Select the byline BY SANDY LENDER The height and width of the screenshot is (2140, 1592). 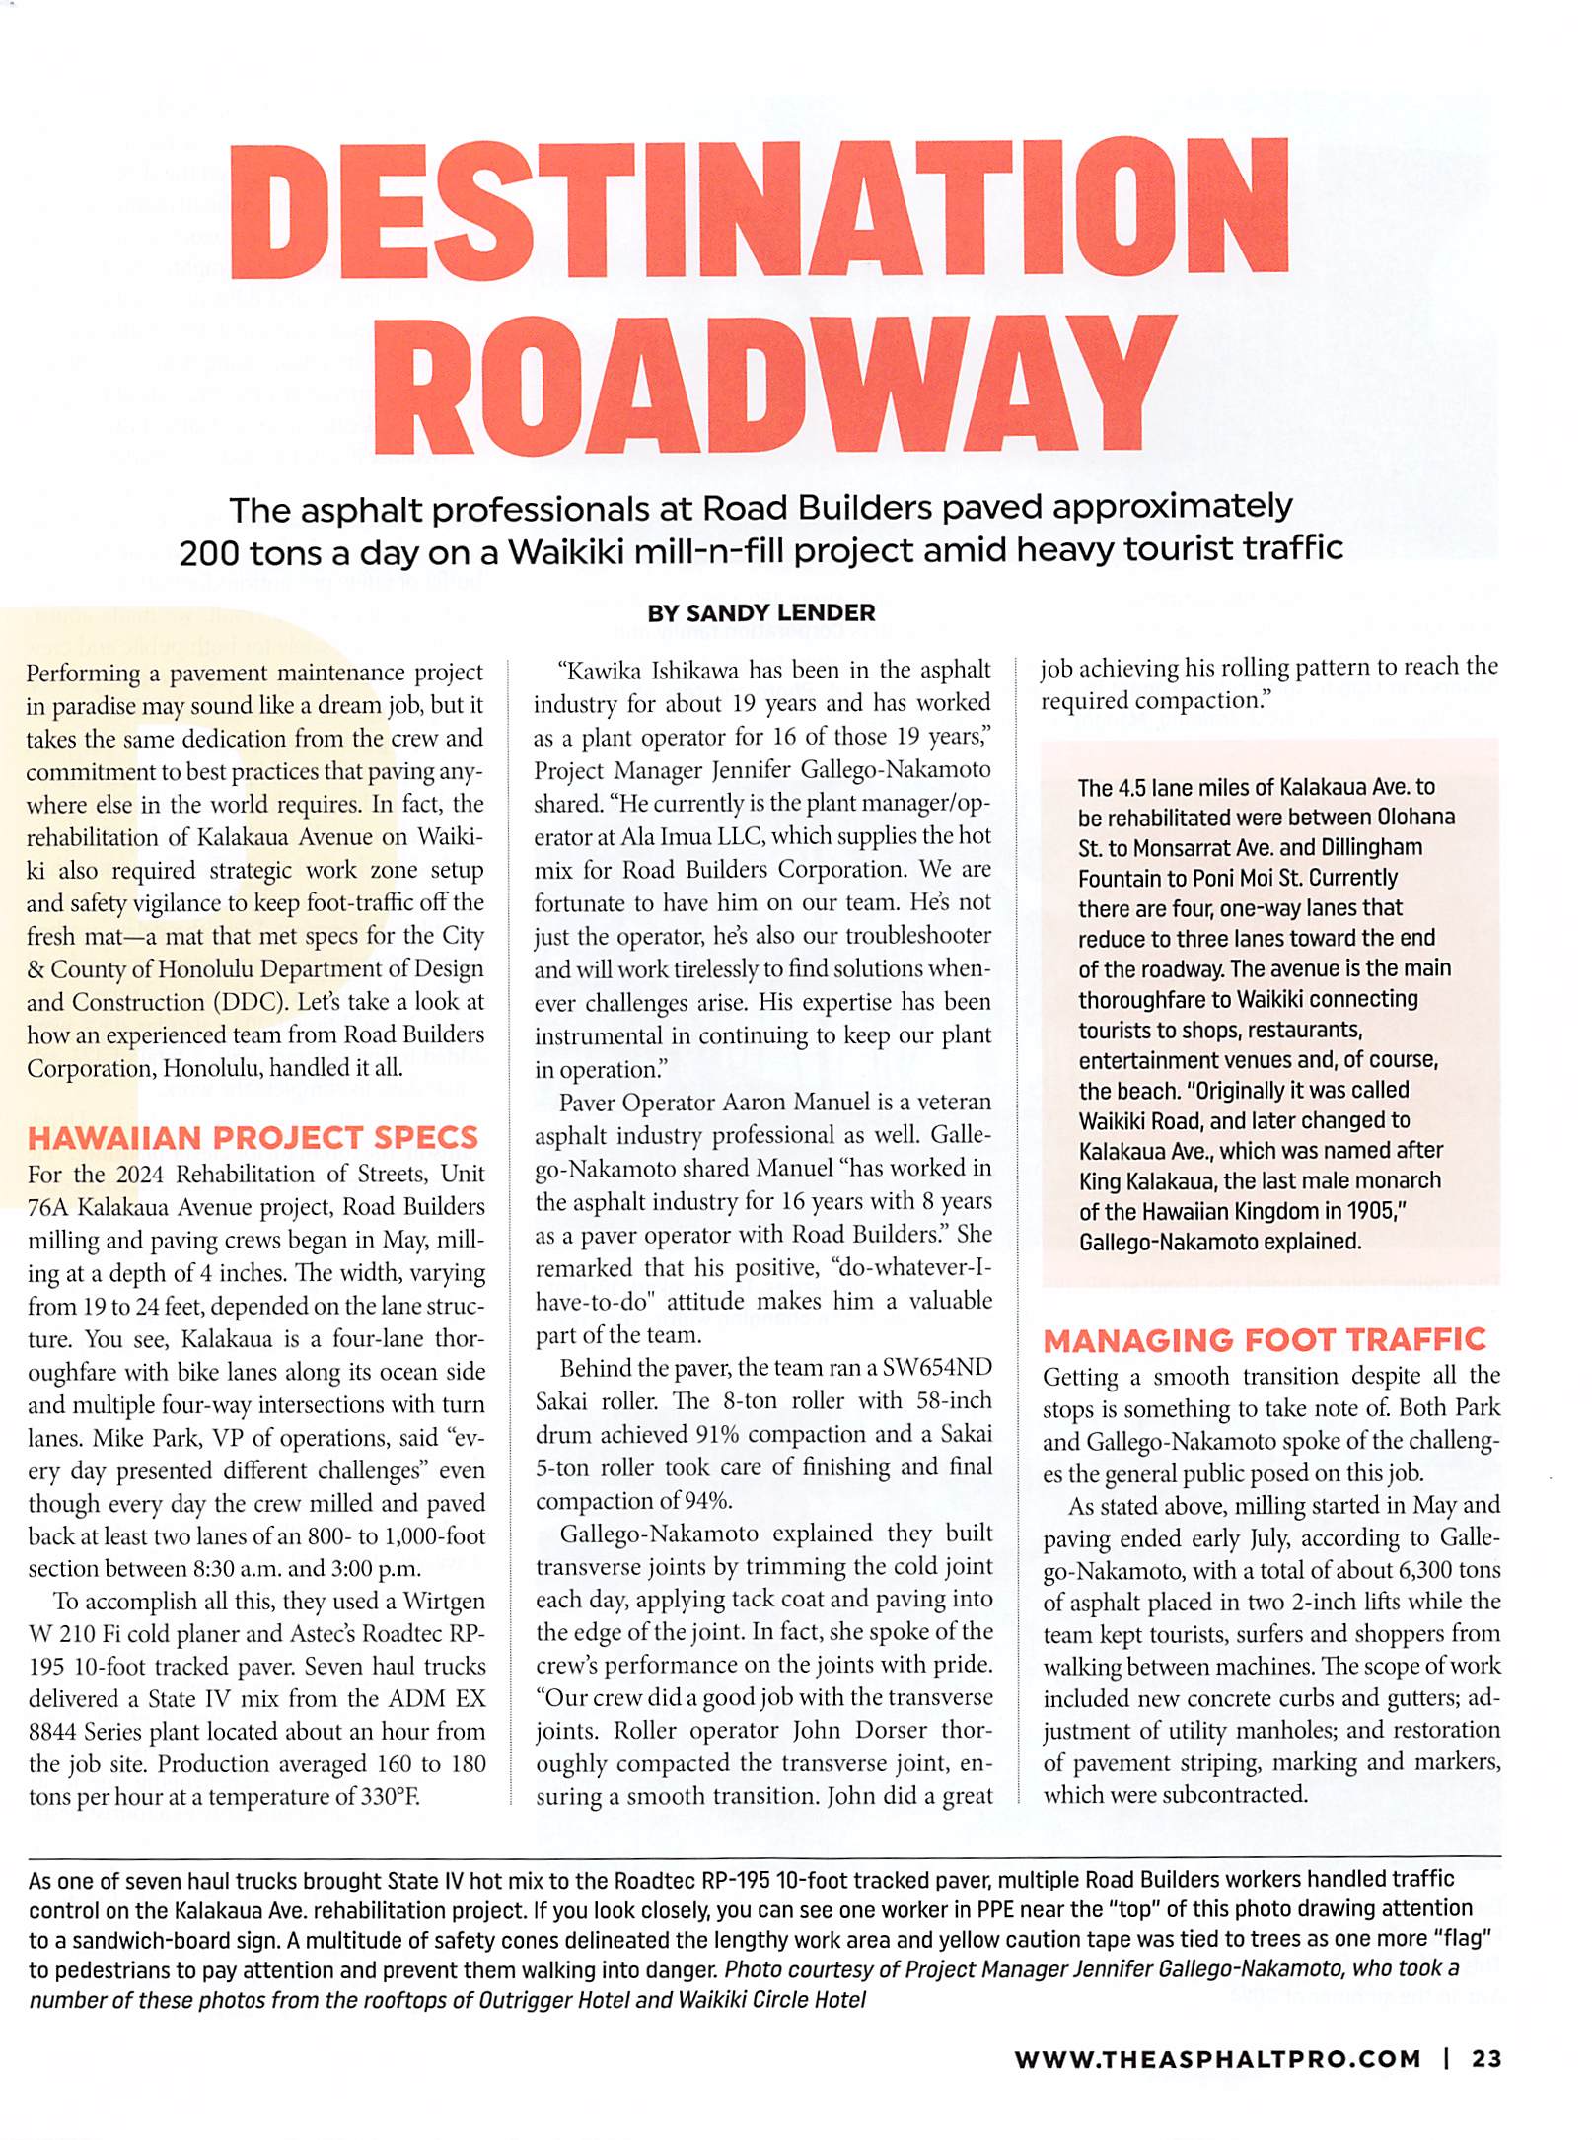(760, 612)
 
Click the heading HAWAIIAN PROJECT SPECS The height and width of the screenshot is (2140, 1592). (253, 1137)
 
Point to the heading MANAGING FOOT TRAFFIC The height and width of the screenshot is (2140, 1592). (1265, 1339)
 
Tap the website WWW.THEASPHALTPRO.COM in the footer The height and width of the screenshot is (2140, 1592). (1218, 2059)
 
